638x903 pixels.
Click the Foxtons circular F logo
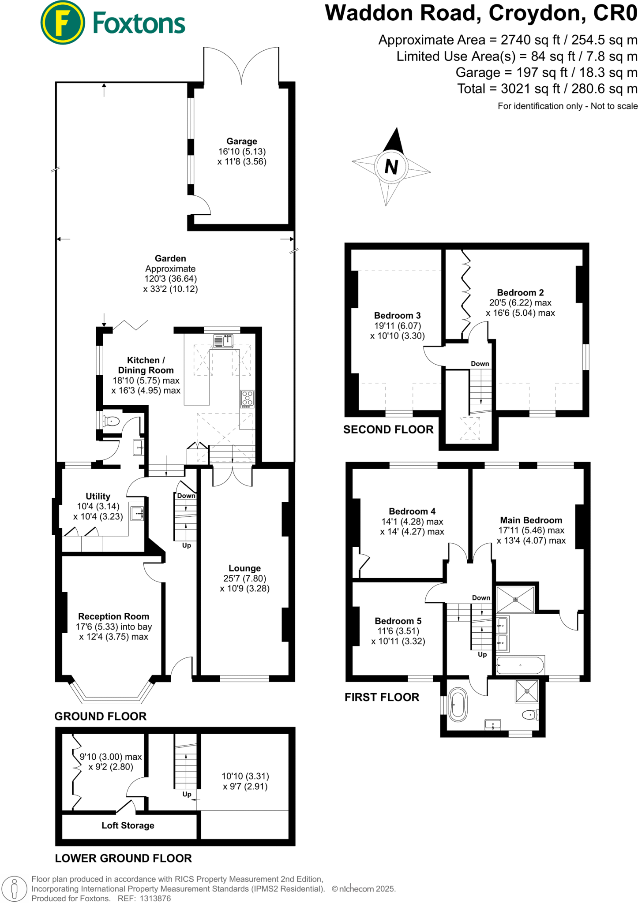point(62,22)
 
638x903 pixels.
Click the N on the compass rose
point(391,167)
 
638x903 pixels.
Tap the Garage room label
point(241,141)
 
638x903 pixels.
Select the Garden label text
point(170,258)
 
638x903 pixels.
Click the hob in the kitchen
point(248,399)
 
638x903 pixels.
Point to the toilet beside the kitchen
point(112,421)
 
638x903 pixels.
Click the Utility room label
point(98,496)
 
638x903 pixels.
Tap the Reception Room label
point(113,616)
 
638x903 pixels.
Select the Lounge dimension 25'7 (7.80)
point(244,578)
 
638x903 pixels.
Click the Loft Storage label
point(128,825)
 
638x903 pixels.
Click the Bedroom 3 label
point(397,315)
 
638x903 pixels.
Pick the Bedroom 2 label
point(520,292)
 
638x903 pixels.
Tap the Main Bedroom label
point(531,520)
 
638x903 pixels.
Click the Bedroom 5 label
point(398,621)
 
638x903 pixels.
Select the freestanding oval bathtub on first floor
point(458,705)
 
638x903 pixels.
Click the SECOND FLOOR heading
point(388,429)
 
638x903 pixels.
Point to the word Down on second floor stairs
point(480,364)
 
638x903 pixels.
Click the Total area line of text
point(547,89)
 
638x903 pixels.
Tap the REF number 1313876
point(155,898)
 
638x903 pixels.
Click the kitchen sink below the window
point(223,341)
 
